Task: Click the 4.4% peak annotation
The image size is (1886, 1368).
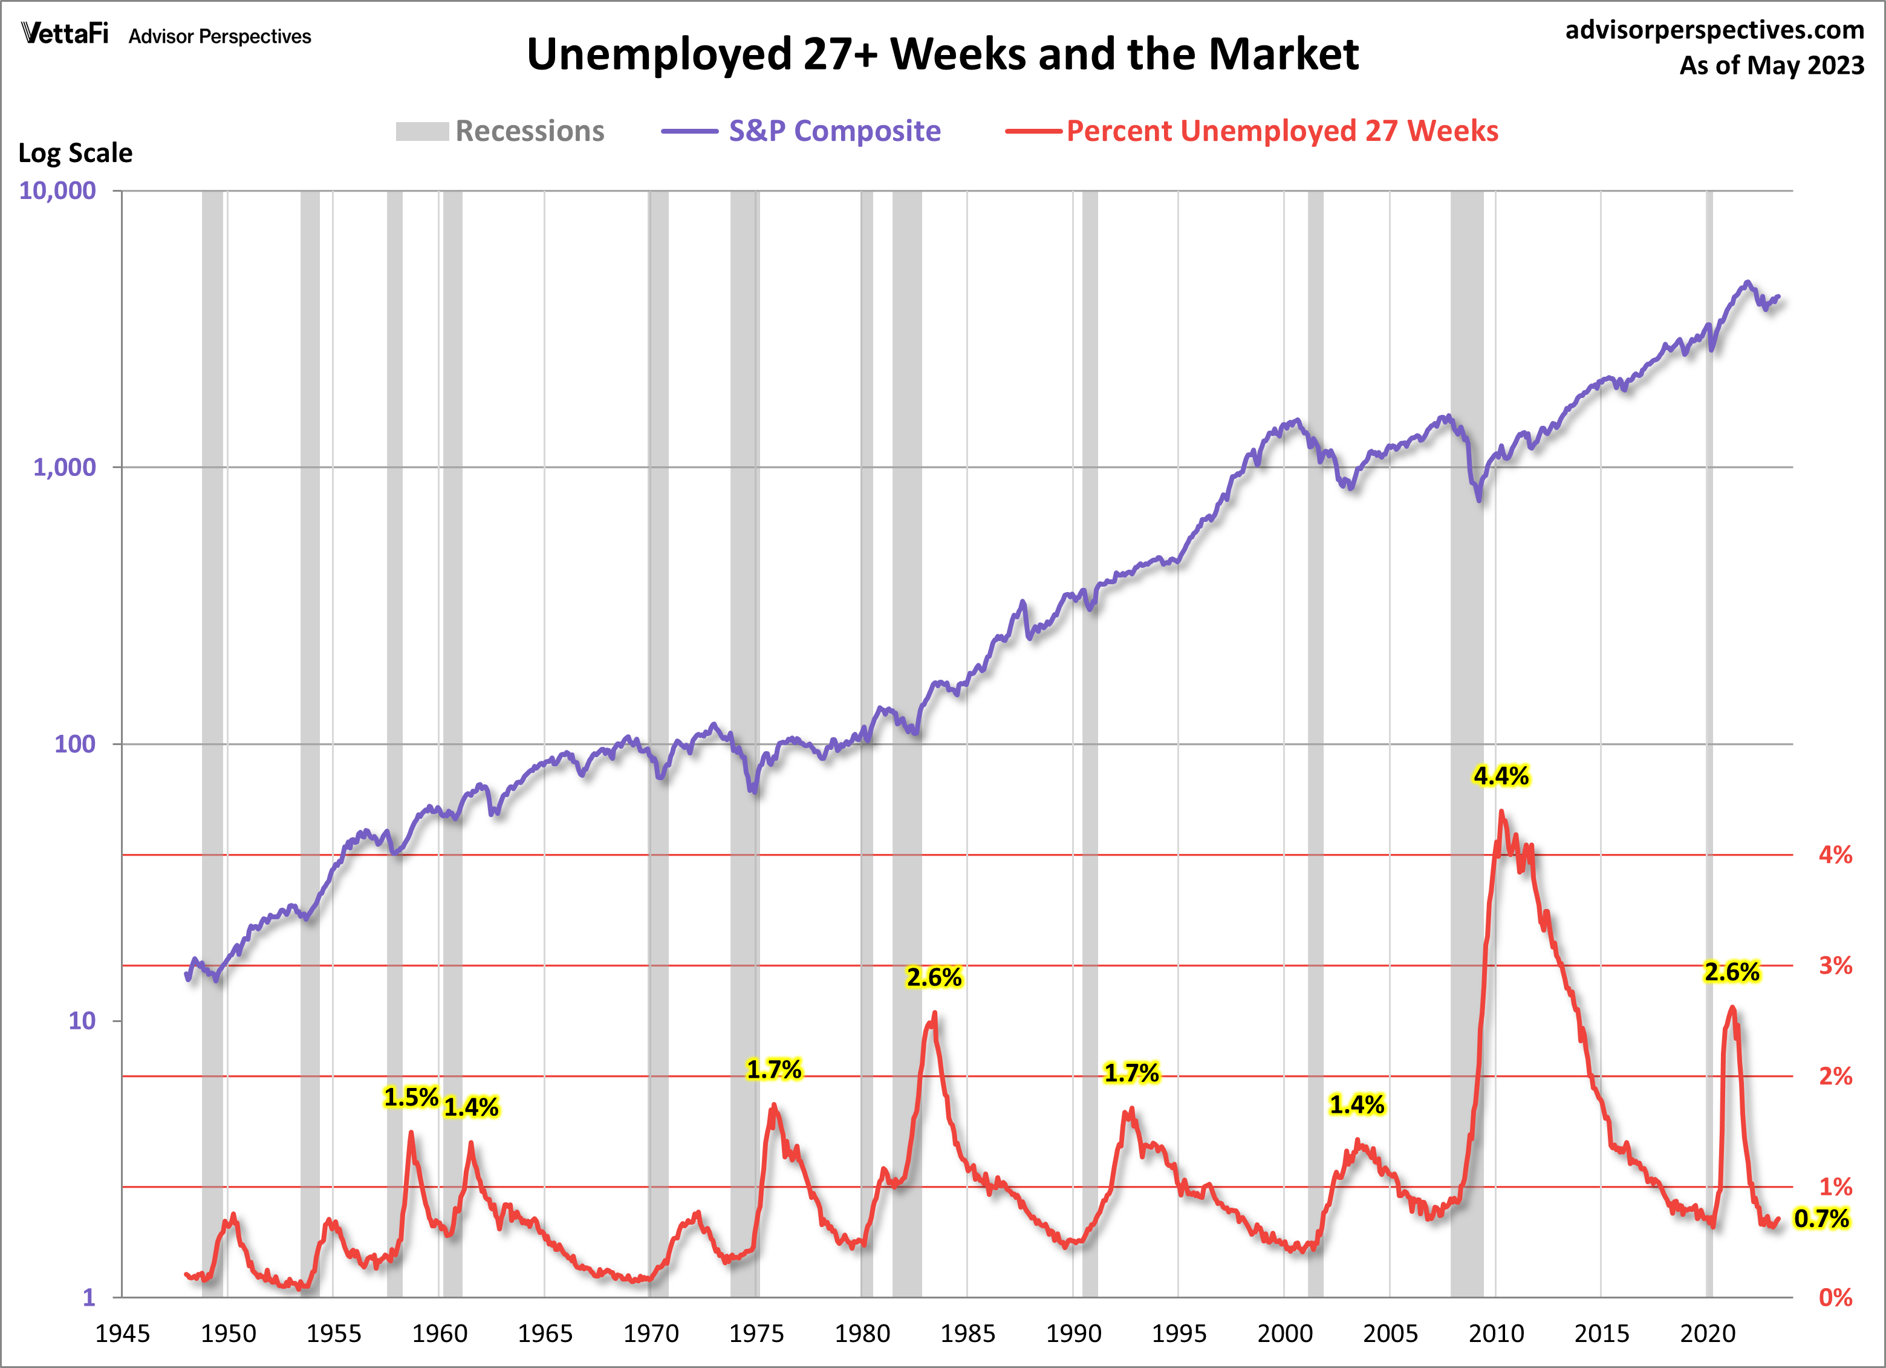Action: [1500, 776]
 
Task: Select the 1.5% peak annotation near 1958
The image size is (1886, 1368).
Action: [411, 1097]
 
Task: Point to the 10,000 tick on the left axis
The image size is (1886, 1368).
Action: [57, 191]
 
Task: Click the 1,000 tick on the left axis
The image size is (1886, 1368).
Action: [64, 467]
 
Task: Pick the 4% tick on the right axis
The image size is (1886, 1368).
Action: [1835, 855]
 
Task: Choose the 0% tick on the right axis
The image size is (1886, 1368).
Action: [1835, 1297]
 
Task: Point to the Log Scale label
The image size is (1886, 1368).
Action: [75, 153]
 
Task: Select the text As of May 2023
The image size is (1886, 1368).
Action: [1771, 65]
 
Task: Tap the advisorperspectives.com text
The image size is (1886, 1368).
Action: [1715, 30]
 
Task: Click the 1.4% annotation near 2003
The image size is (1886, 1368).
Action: [1356, 1104]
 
